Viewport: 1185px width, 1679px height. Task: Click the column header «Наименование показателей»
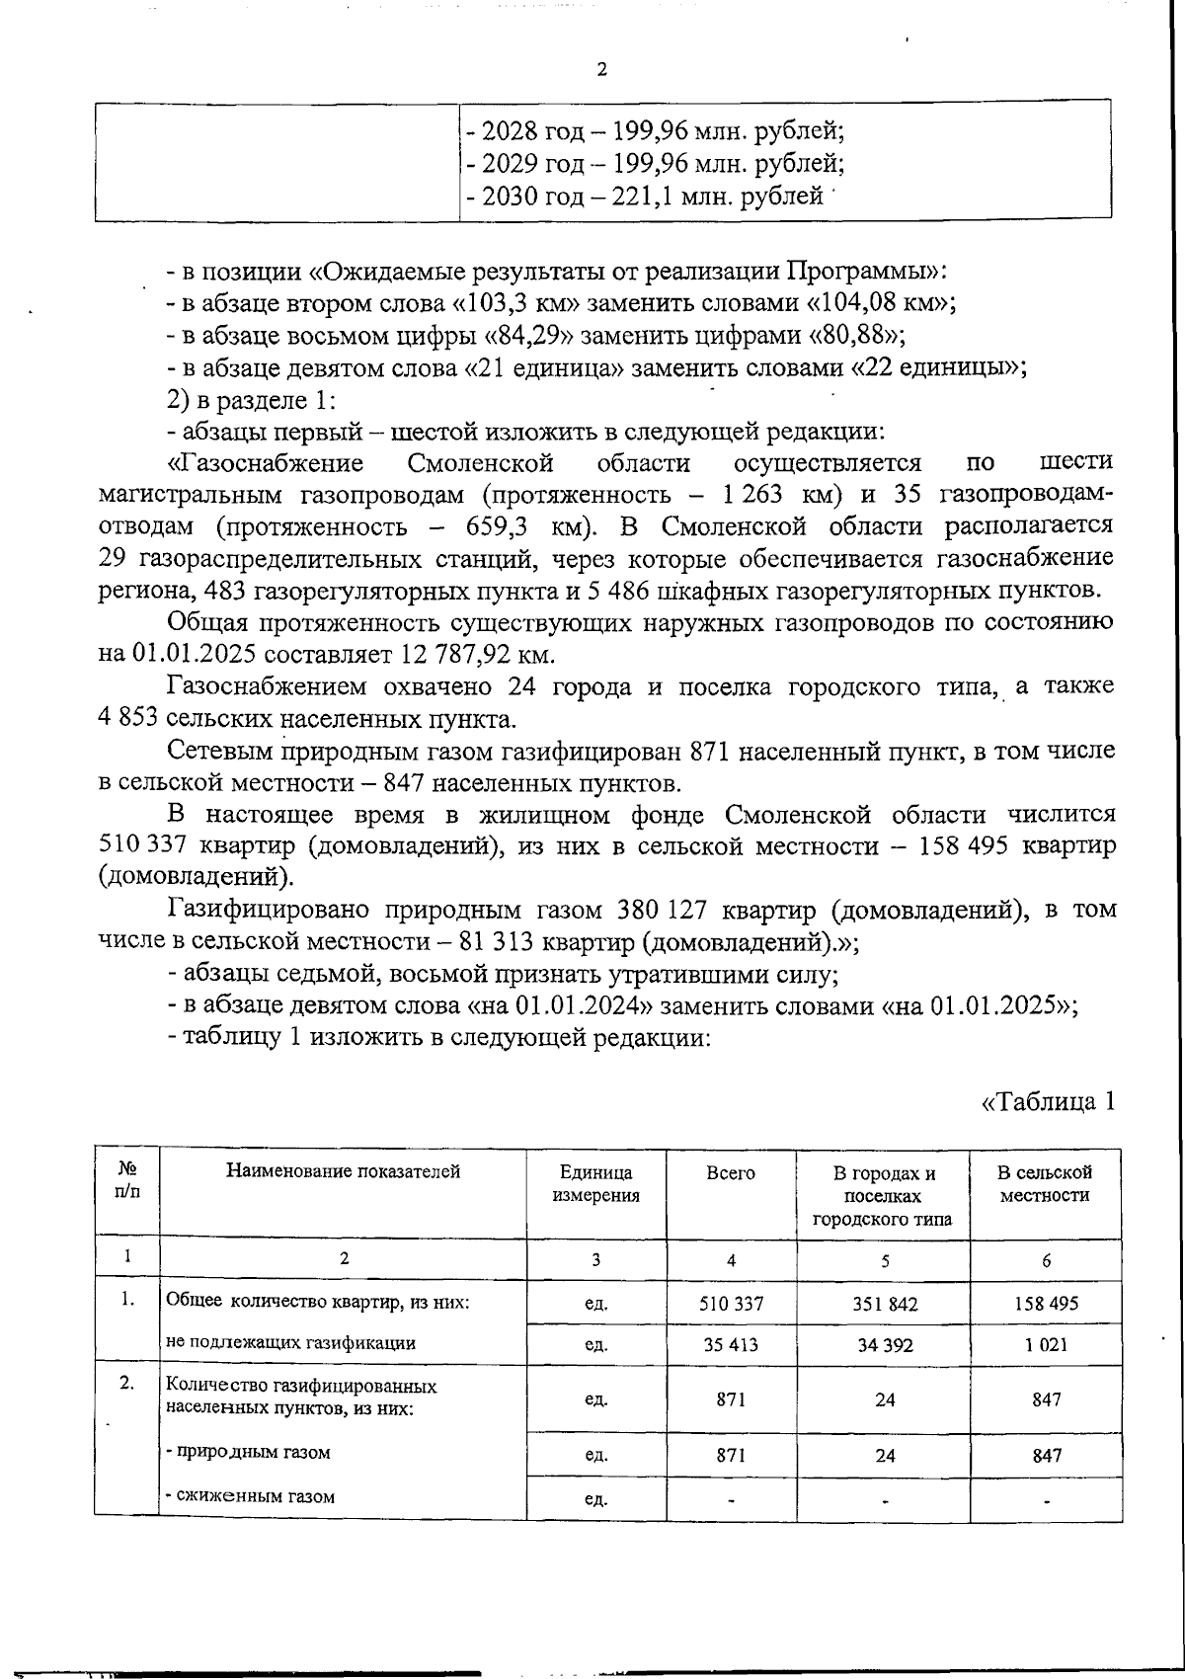pos(344,1172)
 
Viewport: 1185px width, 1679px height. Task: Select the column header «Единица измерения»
pos(595,1183)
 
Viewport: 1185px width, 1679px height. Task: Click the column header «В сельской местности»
pos(1045,1183)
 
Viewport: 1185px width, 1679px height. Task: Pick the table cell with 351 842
pos(885,1304)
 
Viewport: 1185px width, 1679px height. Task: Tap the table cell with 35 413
pos(731,1344)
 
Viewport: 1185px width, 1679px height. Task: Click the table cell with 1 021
pos(1046,1344)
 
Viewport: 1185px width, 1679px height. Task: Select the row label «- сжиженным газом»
pos(251,1496)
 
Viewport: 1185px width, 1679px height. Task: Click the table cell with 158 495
pos(1046,1304)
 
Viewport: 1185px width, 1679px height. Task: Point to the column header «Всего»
pos(731,1173)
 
